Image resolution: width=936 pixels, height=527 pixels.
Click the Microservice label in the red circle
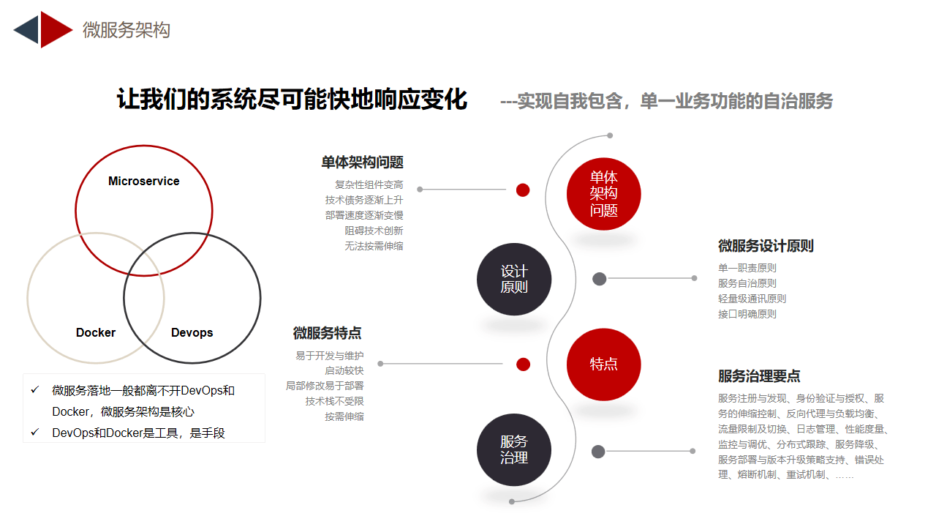click(144, 181)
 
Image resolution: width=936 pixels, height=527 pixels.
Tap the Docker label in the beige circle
click(96, 332)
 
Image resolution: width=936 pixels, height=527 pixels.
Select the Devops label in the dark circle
click(192, 332)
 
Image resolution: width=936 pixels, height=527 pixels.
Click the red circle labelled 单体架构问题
click(603, 194)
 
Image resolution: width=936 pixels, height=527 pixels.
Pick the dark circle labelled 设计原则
click(514, 279)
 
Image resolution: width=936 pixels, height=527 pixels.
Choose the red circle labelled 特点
click(603, 364)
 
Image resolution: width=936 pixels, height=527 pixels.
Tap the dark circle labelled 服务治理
click(514, 449)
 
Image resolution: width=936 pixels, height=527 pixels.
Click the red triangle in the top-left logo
click(55, 30)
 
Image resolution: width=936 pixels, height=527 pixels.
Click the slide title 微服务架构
click(127, 30)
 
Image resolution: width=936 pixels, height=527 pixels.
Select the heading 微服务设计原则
click(766, 246)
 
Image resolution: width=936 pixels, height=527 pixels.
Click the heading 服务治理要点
click(759, 376)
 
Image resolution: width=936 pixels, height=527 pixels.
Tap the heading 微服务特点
click(327, 333)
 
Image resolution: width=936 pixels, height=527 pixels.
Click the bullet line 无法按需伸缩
click(374, 247)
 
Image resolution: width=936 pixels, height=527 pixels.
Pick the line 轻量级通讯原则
click(752, 299)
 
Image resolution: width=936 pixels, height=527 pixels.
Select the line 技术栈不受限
click(334, 402)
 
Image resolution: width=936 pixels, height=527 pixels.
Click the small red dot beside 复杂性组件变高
click(523, 190)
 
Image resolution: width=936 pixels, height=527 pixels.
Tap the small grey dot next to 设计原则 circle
click(599, 279)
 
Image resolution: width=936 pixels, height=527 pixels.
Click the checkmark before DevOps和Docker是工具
click(35, 432)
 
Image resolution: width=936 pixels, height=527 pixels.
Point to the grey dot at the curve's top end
click(610, 135)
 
